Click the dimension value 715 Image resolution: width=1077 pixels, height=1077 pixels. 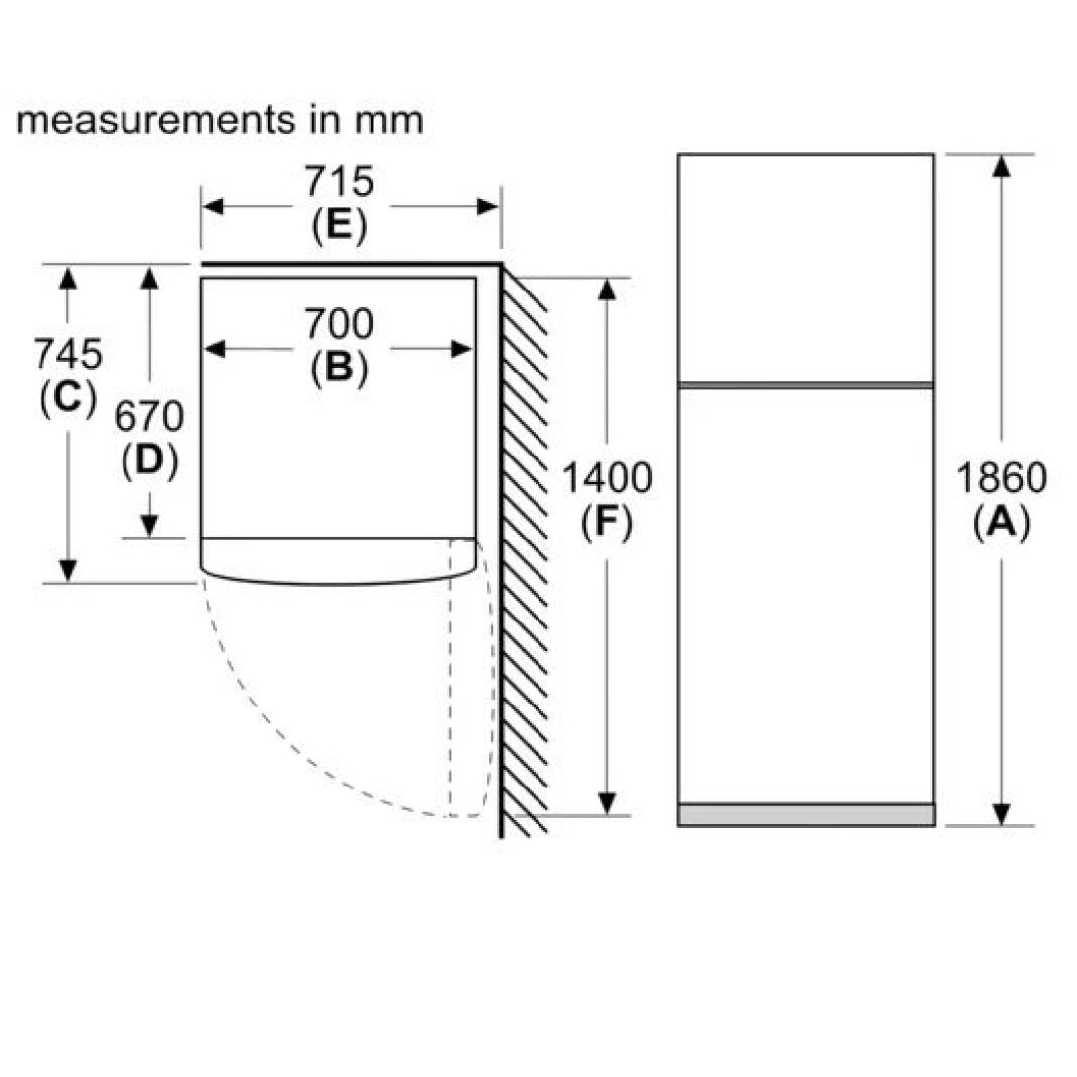coord(338,182)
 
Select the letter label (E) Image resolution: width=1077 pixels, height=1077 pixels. coord(339,227)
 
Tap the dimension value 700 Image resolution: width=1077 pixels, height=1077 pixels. coord(338,323)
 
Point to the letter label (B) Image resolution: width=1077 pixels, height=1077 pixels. coord(339,369)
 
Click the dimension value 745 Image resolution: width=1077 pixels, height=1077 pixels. coord(67,352)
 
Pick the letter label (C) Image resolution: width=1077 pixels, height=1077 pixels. coord(68,397)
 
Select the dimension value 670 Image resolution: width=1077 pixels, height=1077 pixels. coord(149,418)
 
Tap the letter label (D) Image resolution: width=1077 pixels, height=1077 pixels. coord(150,462)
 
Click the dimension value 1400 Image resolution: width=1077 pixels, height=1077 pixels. coord(607,478)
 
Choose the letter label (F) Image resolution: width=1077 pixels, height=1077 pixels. coord(607,524)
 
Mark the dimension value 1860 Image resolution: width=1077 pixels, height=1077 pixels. coord(1001,478)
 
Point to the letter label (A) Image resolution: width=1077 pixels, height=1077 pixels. coord(1001,524)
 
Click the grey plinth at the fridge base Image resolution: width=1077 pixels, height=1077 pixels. coord(805,814)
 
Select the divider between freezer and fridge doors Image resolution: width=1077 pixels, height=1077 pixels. coord(805,384)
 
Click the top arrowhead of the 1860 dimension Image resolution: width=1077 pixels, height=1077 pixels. coord(1001,166)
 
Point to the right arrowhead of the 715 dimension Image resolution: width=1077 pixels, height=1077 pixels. coord(488,207)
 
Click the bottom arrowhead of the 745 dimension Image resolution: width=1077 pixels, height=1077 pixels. coord(67,570)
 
